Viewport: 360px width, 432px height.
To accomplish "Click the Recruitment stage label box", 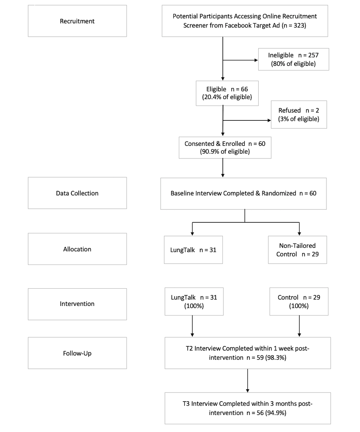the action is [77, 21].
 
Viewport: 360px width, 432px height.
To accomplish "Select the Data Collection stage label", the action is [77, 193].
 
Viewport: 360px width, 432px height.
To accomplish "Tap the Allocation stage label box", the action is [77, 249].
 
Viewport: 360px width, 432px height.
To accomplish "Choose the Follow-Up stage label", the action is [77, 353].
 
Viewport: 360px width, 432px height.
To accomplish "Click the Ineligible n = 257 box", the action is [293, 59].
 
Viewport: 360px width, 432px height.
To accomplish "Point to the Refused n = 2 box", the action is [299, 115].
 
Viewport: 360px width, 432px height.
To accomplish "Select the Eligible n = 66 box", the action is [227, 93].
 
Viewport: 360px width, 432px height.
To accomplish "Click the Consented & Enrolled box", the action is [225, 147].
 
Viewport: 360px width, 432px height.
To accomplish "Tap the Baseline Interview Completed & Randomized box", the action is [244, 194].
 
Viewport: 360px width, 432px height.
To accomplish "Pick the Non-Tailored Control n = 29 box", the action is [297, 250].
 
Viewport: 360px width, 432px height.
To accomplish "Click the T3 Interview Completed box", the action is [247, 408].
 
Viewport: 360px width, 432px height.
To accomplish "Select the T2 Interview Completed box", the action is [247, 353].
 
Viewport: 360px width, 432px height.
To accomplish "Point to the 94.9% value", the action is [276, 413].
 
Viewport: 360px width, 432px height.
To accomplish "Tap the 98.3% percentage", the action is [276, 358].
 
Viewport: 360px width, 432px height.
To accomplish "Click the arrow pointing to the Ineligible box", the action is [240, 60].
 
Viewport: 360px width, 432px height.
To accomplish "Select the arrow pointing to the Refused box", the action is [247, 120].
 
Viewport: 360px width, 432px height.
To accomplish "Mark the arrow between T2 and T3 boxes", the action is [247, 381].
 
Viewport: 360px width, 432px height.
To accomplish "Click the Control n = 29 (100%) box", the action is [299, 302].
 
